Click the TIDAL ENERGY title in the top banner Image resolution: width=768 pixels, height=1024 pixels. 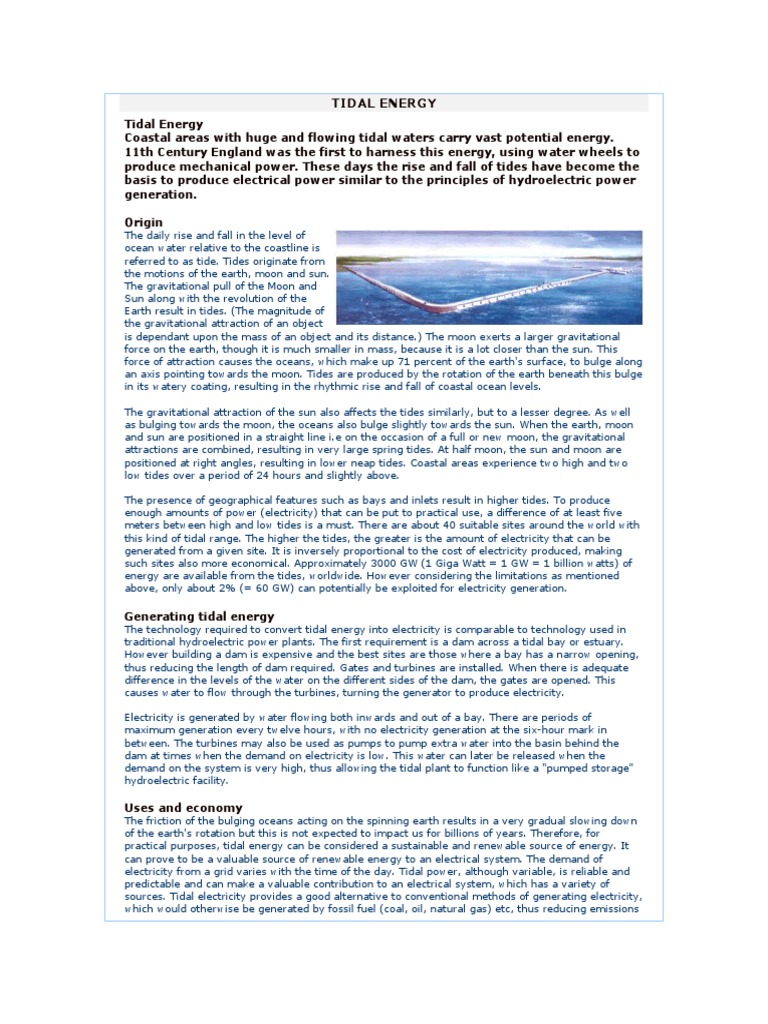[383, 103]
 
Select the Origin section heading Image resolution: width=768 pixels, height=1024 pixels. [143, 221]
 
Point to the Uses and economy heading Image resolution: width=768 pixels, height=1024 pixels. [183, 807]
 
